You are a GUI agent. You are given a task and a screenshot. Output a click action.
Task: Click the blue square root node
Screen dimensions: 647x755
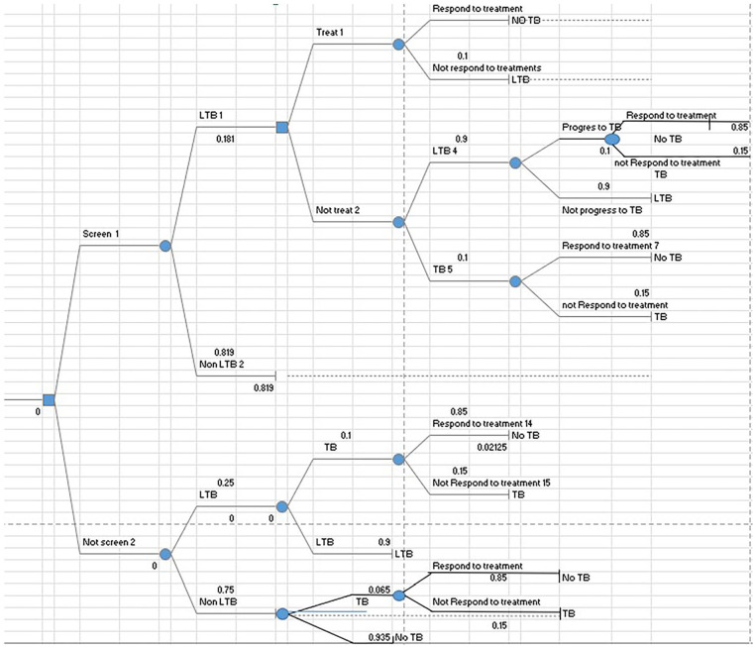pyautogui.click(x=49, y=399)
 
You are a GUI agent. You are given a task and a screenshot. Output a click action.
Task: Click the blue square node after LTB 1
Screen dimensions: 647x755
pyautogui.click(x=282, y=128)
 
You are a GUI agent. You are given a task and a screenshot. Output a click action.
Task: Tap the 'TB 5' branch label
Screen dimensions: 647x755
pyautogui.click(x=442, y=268)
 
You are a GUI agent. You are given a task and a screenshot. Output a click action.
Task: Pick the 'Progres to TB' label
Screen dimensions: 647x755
pyautogui.click(x=591, y=129)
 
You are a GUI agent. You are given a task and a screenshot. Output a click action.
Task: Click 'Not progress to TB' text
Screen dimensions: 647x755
pyautogui.click(x=601, y=210)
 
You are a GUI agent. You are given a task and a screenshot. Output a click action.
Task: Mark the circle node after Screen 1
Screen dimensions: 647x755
pyautogui.click(x=166, y=245)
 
